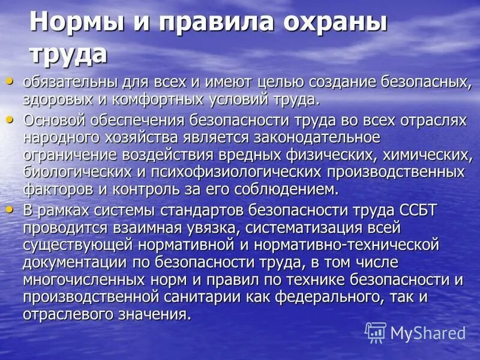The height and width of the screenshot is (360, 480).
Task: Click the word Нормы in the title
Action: point(72,23)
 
